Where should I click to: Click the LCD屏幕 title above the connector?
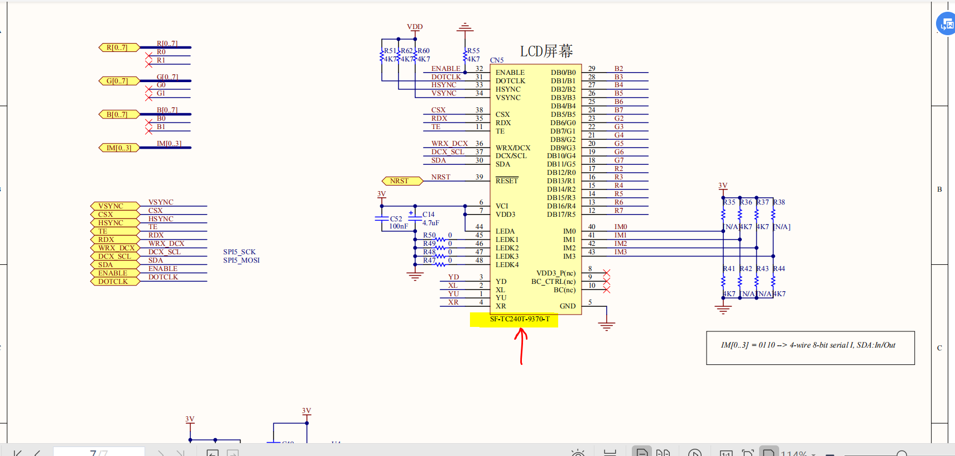click(546, 51)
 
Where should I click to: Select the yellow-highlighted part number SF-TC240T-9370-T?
click(519, 319)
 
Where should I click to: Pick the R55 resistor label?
click(473, 51)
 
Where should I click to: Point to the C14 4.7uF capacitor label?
click(429, 218)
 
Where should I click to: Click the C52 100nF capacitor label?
click(397, 222)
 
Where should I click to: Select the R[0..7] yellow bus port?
click(118, 47)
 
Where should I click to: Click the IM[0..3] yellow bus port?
click(118, 148)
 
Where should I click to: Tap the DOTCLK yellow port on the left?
click(114, 282)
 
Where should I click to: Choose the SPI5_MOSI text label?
click(241, 260)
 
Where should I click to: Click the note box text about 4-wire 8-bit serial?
click(808, 345)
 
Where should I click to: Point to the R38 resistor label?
click(779, 202)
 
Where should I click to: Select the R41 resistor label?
click(729, 269)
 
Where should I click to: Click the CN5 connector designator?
click(497, 60)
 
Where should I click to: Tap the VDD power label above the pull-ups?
click(415, 27)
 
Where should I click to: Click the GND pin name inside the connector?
click(567, 306)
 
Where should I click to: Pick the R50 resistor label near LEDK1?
click(429, 235)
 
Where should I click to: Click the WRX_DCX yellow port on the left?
click(116, 248)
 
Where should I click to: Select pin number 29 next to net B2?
click(592, 69)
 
